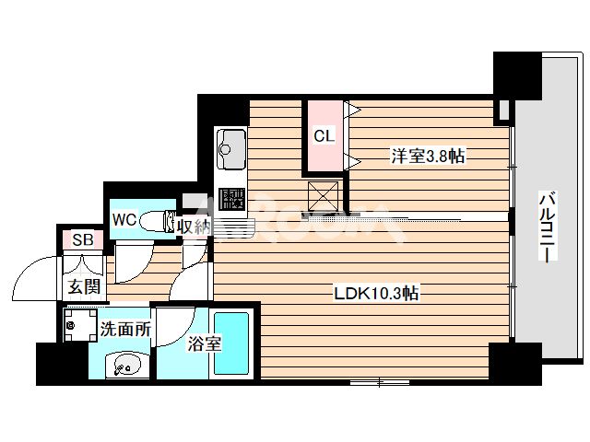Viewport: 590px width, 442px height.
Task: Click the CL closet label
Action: click(x=323, y=136)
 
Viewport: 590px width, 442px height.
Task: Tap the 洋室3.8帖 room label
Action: click(x=426, y=157)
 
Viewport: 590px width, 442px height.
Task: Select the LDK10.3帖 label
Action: click(x=376, y=294)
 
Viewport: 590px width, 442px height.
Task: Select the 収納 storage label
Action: click(x=193, y=226)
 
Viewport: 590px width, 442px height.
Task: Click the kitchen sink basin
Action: click(x=230, y=145)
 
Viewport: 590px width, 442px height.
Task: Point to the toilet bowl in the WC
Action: click(x=170, y=221)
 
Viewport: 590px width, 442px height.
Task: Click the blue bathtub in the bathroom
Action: click(x=232, y=343)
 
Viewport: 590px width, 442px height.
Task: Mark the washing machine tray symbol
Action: click(x=76, y=324)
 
